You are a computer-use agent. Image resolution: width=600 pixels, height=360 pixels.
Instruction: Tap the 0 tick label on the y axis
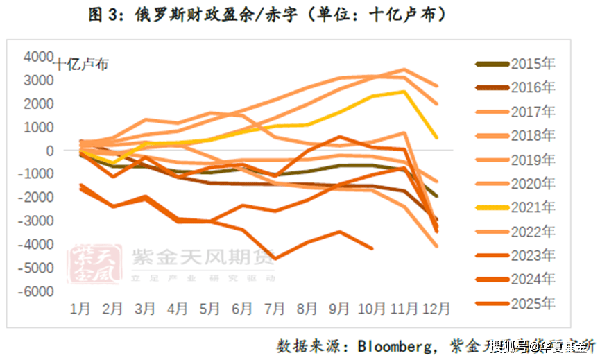[x=49, y=151]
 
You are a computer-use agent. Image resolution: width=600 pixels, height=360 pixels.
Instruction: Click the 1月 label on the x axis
[x=80, y=308]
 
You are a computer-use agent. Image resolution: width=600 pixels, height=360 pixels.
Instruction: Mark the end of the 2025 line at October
[x=372, y=248]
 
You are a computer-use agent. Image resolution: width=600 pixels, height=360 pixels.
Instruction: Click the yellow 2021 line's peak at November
[x=404, y=92]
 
